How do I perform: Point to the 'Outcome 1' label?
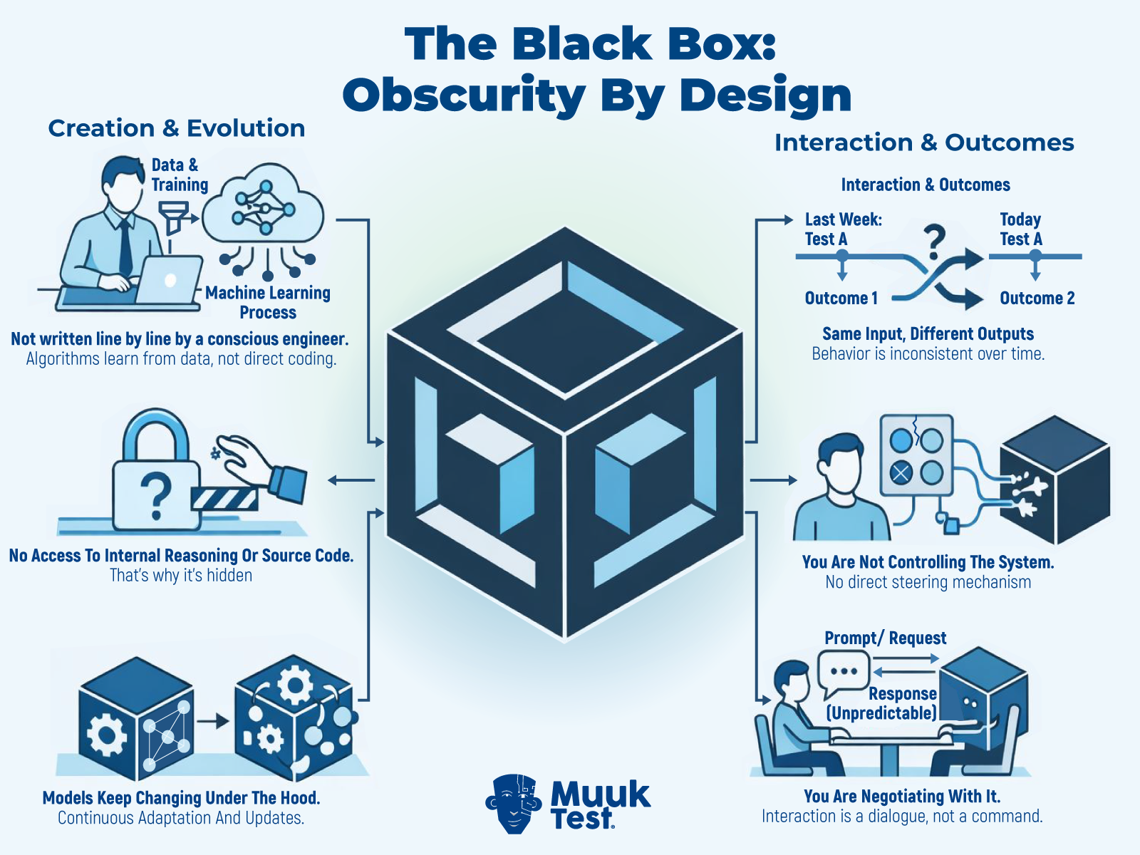[x=841, y=299]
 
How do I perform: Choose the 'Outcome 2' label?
[x=1037, y=299]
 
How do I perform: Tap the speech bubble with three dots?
[x=844, y=672]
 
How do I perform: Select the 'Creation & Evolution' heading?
[x=177, y=128]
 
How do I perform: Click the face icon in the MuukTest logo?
[x=514, y=804]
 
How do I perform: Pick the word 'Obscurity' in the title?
[x=464, y=95]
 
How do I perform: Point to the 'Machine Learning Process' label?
[x=268, y=303]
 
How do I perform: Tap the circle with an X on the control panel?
[x=901, y=472]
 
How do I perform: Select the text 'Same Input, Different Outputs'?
[x=928, y=334]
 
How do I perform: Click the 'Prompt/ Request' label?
[x=885, y=638]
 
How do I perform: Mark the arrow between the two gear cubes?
[x=212, y=721]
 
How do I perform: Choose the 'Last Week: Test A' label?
[x=843, y=229]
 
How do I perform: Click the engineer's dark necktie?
[x=125, y=247]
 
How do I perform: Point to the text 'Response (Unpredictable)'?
[x=882, y=703]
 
